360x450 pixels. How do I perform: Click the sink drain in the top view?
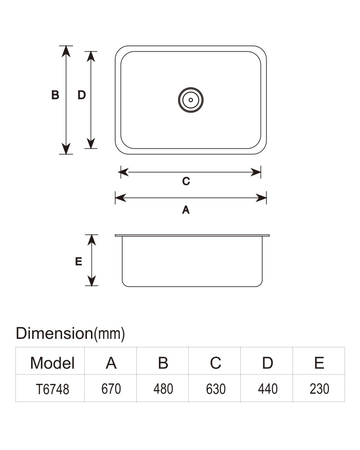click(x=191, y=100)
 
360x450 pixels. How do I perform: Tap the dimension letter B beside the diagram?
click(x=55, y=94)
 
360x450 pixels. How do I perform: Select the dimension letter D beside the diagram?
click(x=81, y=94)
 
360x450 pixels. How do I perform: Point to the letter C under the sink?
click(x=186, y=181)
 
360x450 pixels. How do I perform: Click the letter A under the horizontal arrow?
click(x=186, y=210)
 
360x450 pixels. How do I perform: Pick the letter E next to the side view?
click(x=78, y=261)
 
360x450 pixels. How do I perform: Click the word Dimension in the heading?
click(x=54, y=333)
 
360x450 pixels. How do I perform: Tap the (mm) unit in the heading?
click(x=109, y=334)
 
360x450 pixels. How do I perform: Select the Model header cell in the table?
click(x=52, y=363)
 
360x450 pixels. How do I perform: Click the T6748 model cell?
click(x=52, y=389)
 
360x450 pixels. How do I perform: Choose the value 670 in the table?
click(x=111, y=389)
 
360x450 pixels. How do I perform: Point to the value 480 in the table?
click(x=163, y=389)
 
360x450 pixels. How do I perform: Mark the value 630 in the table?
click(x=216, y=389)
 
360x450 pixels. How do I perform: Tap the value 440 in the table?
click(x=268, y=389)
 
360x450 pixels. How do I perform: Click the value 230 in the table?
click(x=319, y=389)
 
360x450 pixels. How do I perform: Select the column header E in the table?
click(x=319, y=363)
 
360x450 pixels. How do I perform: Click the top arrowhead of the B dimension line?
click(x=66, y=51)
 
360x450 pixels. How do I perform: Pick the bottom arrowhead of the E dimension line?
click(x=91, y=280)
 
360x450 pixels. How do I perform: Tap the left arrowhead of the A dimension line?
click(x=121, y=198)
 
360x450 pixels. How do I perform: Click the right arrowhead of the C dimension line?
click(x=256, y=172)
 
